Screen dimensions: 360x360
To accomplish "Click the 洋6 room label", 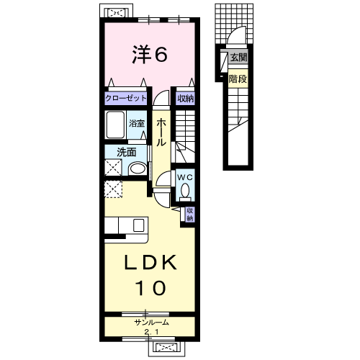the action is pos(150,55).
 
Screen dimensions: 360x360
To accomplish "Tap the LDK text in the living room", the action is pos(150,262).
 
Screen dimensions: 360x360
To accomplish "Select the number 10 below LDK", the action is pos(150,288).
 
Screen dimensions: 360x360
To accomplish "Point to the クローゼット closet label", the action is pos(126,99).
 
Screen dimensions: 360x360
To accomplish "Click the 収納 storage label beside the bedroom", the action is pos(186,99).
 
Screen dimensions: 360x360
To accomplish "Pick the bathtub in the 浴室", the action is pos(115,125).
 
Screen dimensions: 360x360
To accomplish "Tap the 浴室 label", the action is pos(137,123).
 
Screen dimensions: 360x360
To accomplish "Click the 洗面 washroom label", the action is pos(127,153).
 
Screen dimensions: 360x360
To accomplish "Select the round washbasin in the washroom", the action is pos(138,168).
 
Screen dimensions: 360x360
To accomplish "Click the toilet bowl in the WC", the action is pos(185,190).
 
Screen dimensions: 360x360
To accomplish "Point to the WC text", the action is pos(185,177).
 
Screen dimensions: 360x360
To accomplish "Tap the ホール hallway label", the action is pos(161,132).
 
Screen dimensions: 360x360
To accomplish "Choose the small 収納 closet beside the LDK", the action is pos(189,215).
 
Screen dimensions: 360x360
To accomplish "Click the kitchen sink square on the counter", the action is pos(138,225).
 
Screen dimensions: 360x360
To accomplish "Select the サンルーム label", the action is pos(152,323).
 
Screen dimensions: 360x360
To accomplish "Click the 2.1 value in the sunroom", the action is pos(151,332).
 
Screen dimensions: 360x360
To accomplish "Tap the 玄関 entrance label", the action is pos(238,58).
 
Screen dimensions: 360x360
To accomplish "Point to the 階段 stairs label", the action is pos(238,79).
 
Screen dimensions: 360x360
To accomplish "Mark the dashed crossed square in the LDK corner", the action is pos(113,189).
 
